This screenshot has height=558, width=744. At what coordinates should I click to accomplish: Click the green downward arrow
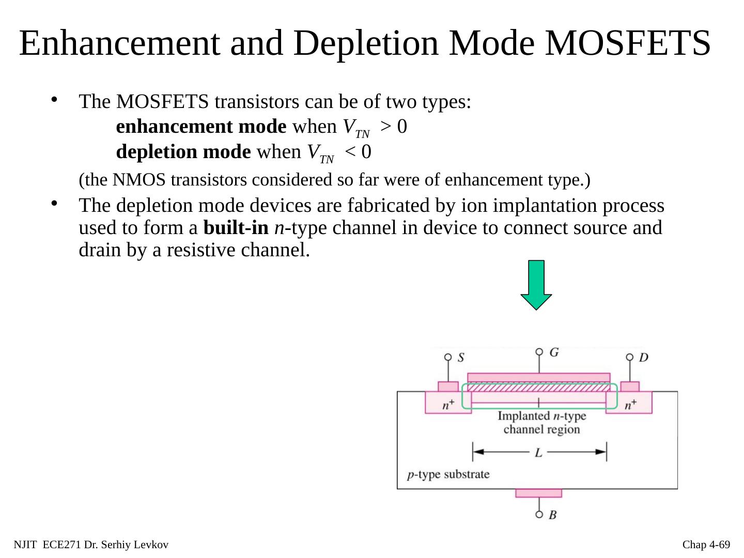tap(536, 284)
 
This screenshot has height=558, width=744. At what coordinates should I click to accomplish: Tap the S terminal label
tap(461, 357)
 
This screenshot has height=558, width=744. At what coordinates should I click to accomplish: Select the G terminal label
tap(553, 352)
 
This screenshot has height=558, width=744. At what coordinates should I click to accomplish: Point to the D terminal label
tap(644, 357)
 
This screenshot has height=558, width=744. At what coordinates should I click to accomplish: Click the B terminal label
tap(553, 515)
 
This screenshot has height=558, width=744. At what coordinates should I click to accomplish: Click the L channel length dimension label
tap(538, 453)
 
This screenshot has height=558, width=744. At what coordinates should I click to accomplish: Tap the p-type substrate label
tap(448, 474)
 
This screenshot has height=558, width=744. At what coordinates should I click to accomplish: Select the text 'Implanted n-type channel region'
tap(541, 423)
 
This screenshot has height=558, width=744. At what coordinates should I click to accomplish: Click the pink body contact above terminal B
tap(538, 493)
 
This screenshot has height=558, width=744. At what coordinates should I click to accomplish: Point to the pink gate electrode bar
tap(538, 377)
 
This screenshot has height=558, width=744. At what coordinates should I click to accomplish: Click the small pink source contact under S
tap(448, 386)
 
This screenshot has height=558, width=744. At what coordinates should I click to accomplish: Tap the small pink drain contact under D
tap(630, 386)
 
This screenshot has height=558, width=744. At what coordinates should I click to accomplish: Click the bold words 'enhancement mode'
tap(202, 127)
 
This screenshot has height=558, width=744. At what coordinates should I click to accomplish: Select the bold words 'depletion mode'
tap(184, 152)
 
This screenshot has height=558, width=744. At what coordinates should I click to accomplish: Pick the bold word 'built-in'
tap(236, 228)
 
